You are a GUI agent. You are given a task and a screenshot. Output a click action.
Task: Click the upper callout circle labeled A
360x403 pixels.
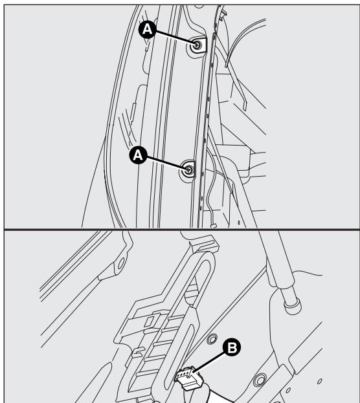click(147, 30)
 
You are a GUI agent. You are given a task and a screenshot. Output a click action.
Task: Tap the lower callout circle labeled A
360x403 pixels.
click(138, 155)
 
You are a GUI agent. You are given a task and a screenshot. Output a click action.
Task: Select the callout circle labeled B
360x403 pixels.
click(232, 347)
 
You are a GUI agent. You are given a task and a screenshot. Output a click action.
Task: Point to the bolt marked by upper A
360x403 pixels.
click(197, 45)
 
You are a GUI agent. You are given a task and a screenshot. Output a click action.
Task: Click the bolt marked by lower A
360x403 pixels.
click(189, 169)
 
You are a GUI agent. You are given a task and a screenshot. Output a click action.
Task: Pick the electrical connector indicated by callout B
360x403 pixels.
click(189, 377)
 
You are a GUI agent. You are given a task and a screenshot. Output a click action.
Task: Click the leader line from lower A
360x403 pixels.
click(166, 162)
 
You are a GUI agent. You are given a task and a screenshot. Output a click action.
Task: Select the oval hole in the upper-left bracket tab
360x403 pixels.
click(121, 263)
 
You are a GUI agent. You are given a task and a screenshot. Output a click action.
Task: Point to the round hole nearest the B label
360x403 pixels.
click(212, 339)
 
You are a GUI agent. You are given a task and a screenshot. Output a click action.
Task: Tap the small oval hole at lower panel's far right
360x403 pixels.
click(320, 382)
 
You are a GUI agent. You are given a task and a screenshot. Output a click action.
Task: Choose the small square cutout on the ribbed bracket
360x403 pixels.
click(150, 321)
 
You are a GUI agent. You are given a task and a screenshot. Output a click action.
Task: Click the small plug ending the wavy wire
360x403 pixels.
click(212, 226)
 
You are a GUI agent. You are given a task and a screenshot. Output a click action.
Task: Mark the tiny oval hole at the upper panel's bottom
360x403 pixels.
click(238, 223)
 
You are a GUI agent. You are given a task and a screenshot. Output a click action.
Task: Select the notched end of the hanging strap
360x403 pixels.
click(245, 105)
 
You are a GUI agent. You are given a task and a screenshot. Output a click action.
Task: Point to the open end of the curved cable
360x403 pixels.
click(226, 66)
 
